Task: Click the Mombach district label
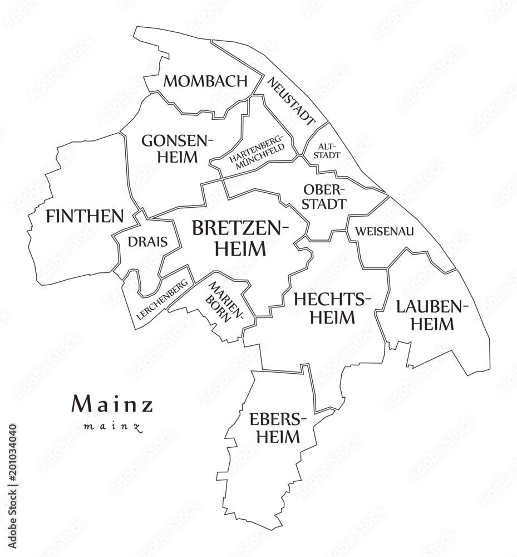click(x=205, y=81)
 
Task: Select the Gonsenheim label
click(x=177, y=148)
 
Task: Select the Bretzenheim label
click(x=240, y=238)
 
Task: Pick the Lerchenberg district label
click(x=161, y=299)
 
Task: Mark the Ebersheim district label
click(x=274, y=427)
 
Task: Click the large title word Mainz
click(x=112, y=404)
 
